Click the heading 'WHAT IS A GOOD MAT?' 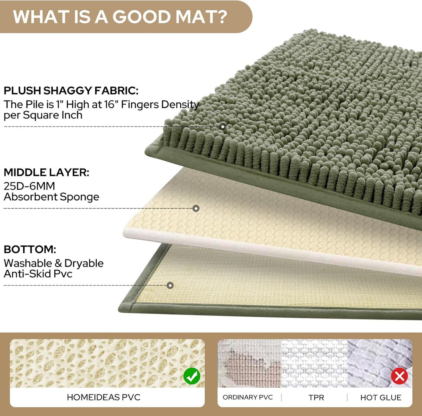[120, 17]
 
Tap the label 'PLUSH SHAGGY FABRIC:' [71, 91]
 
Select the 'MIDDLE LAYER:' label [46, 172]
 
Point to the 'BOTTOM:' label [30, 249]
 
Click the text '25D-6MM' [29, 186]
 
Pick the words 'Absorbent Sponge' [51, 197]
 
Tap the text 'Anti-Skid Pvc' [38, 274]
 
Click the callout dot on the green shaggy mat [223, 126]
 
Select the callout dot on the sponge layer [196, 208]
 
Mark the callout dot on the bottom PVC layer [170, 285]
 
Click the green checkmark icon [192, 376]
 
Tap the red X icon [399, 376]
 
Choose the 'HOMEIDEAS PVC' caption [104, 397]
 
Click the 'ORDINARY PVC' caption [248, 397]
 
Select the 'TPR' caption [316, 398]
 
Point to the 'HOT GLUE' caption [381, 398]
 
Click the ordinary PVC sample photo [249, 363]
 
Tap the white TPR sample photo [314, 363]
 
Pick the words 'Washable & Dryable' [54, 263]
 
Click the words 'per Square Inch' [43, 115]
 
